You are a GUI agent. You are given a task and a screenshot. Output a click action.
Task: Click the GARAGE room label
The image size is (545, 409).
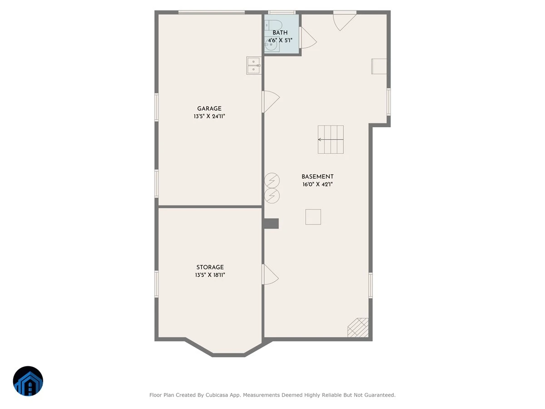(209, 109)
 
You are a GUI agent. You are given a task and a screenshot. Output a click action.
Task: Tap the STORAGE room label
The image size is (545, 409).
(210, 267)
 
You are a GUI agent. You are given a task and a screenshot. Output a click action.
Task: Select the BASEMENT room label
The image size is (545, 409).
(317, 177)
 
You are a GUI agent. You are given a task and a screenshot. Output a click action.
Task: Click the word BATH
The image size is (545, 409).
(280, 33)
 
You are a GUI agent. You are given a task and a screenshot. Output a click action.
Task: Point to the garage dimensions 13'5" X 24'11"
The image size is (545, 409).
(209, 116)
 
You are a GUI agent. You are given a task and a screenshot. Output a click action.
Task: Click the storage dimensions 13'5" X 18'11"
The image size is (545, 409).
(210, 275)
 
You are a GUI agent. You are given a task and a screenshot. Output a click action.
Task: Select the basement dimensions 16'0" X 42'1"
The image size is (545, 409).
(317, 184)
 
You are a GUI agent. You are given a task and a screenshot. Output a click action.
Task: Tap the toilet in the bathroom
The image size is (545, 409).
(273, 25)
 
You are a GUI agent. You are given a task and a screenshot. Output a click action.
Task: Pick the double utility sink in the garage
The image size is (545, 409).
(253, 65)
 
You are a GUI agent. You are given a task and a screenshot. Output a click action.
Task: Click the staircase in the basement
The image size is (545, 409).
(331, 140)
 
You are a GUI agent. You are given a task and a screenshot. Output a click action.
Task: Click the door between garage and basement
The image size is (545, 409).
(271, 101)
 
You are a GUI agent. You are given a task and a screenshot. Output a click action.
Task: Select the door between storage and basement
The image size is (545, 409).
(270, 274)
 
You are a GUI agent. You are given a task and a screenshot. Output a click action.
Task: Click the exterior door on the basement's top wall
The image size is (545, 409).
(345, 21)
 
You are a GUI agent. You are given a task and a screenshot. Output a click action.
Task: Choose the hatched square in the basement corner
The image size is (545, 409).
(358, 328)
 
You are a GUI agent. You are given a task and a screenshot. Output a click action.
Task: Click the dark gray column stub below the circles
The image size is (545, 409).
(271, 224)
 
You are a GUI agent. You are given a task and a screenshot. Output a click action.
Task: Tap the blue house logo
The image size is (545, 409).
(28, 381)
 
